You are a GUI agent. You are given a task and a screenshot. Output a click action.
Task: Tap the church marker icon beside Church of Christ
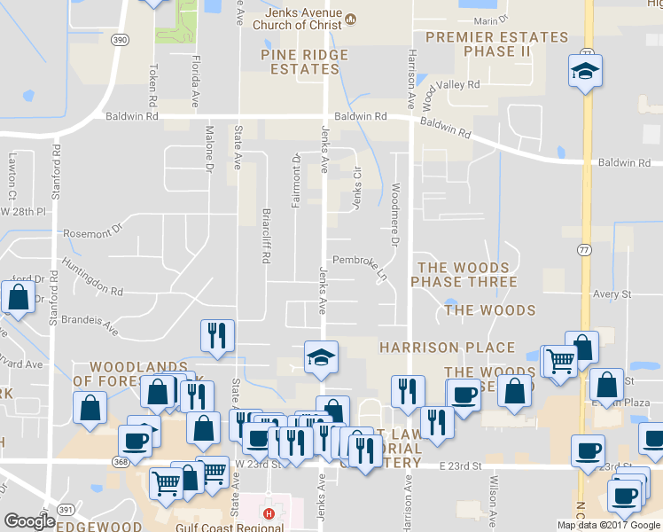click(x=350, y=19)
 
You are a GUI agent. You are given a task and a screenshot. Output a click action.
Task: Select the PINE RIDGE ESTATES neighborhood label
click(x=304, y=61)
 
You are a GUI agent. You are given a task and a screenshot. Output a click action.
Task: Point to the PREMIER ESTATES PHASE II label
click(x=496, y=44)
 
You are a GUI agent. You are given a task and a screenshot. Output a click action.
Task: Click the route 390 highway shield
click(x=121, y=41)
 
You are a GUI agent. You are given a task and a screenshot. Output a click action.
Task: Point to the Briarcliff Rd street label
click(x=265, y=236)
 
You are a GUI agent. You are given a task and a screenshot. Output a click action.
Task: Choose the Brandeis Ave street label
click(x=91, y=320)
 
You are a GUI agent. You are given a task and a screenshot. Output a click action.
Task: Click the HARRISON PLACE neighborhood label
click(x=447, y=348)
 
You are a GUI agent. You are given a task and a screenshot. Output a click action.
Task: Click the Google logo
click(x=29, y=521)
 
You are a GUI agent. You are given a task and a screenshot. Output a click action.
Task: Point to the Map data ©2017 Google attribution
click(x=609, y=525)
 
